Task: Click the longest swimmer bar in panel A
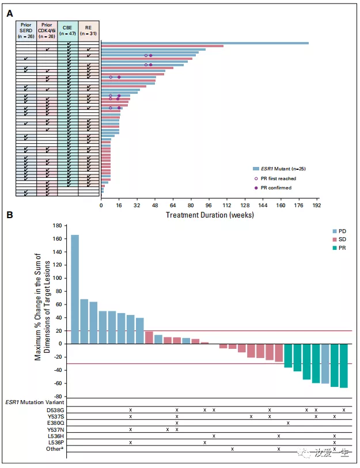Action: point(204,43)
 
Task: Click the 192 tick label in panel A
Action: point(316,205)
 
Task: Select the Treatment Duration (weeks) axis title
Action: point(209,215)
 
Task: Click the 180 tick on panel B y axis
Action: point(56,225)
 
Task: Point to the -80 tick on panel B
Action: point(56,397)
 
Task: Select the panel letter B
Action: point(9,215)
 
